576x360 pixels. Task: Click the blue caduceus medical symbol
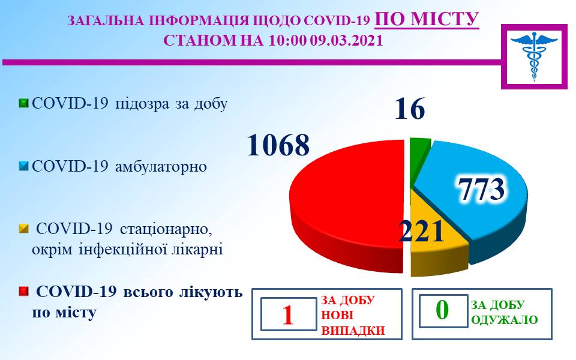coord(534,55)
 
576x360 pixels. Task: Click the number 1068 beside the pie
coord(278,145)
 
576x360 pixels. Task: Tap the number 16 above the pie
coord(410,109)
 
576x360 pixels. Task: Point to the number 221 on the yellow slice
coord(421,232)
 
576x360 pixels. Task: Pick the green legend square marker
coord(23,103)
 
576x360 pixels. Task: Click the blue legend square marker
coord(23,166)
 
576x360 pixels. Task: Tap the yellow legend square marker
coord(23,229)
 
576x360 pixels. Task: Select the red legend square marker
coord(23,292)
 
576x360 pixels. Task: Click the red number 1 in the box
coord(288,315)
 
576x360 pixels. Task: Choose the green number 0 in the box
coord(442,310)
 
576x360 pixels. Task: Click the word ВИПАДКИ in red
coord(353,331)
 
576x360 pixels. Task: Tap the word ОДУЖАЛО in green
coord(504,320)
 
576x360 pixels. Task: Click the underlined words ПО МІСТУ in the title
coord(427,19)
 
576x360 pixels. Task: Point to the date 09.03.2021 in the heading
coord(346,40)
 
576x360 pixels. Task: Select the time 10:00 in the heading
coord(287,40)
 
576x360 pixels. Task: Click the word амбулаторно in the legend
coord(161,166)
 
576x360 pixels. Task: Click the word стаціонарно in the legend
coord(166,229)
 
